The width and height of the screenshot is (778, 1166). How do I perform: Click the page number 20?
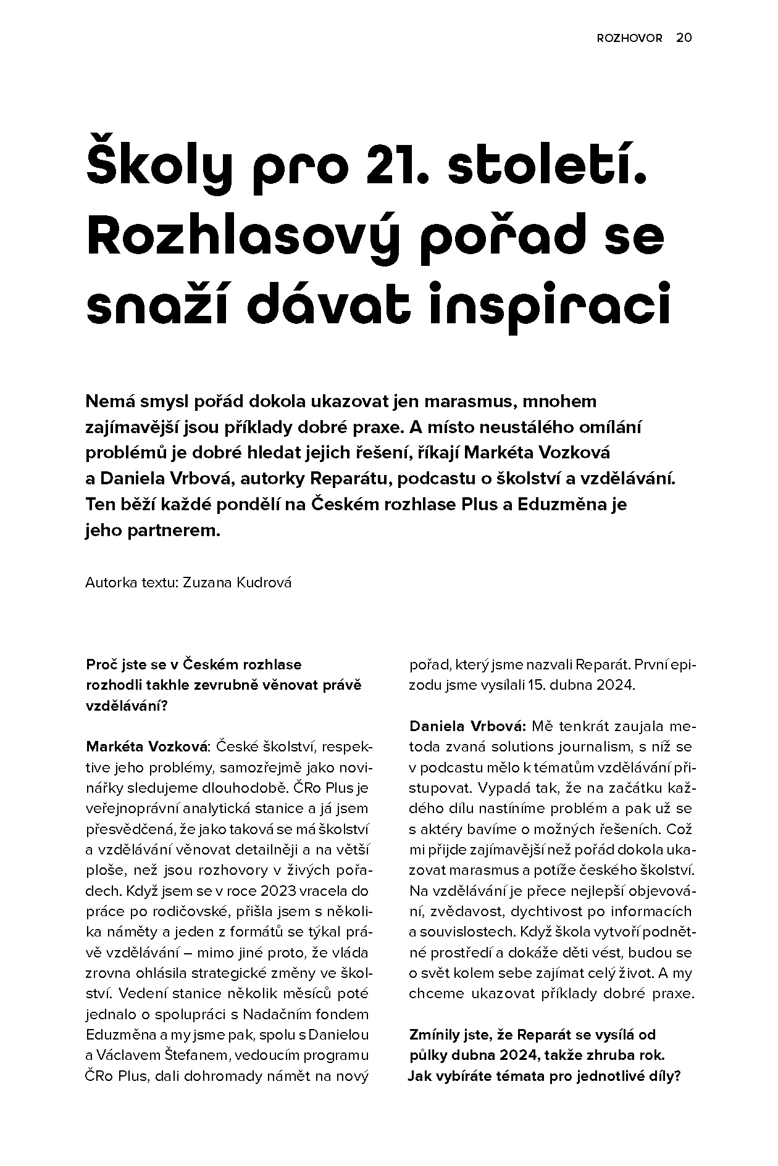point(684,38)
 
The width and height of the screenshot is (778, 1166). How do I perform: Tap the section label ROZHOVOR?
point(629,38)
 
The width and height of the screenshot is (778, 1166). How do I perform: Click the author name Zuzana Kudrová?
point(237,582)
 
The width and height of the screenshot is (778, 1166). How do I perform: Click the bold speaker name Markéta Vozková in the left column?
point(148,746)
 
